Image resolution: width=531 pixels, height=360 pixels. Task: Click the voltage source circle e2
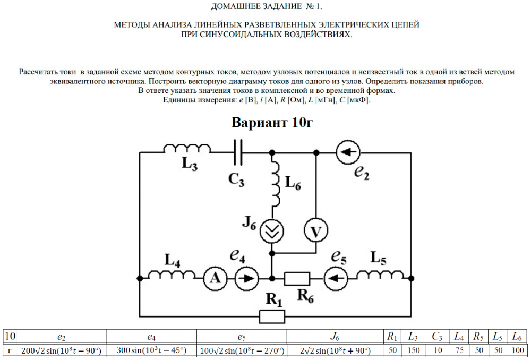point(347,152)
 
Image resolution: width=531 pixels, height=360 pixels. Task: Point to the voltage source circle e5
point(334,278)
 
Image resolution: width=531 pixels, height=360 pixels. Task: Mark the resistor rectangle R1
point(272,316)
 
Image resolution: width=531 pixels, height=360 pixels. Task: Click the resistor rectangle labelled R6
point(297,278)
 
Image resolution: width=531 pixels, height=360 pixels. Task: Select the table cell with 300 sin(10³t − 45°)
point(152,351)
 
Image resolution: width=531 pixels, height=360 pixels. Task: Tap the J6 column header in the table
point(335,337)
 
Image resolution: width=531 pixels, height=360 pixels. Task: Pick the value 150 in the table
point(414,351)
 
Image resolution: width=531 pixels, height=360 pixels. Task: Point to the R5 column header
point(478,337)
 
